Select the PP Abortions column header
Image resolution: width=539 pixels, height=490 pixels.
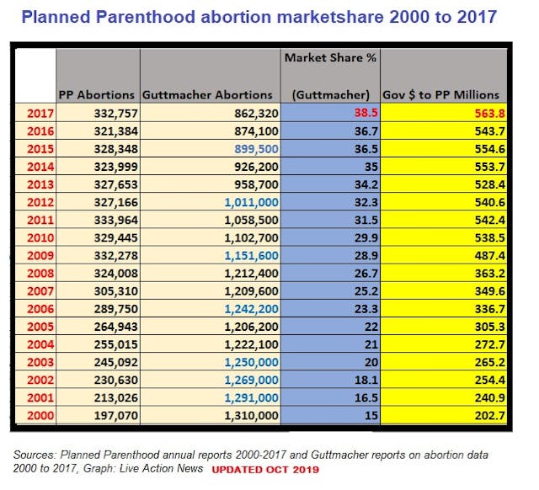tap(97, 94)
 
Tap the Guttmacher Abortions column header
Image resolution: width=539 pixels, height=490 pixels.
tap(208, 94)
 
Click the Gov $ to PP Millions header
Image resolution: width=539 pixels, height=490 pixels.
tap(440, 94)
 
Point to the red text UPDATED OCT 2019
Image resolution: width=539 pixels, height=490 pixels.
tap(265, 468)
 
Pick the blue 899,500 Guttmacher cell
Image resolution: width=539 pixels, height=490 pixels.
tap(245, 148)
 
